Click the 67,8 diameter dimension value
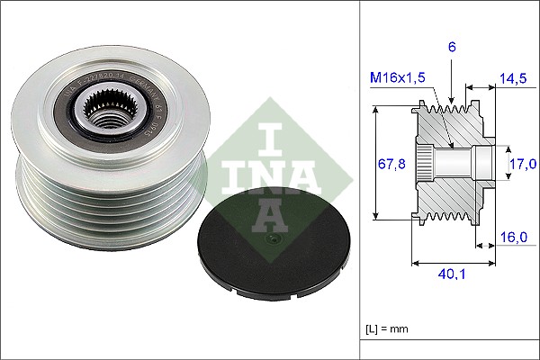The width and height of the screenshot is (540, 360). (x=391, y=165)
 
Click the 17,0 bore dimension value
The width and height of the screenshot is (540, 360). (x=524, y=163)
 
